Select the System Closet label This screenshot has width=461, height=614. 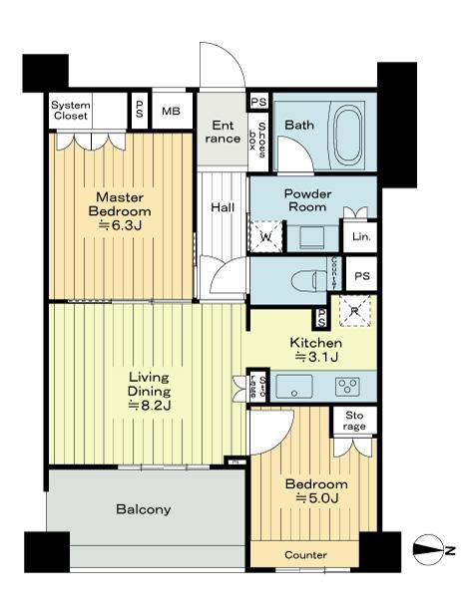[x=70, y=111]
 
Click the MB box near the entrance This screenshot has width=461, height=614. [x=171, y=111]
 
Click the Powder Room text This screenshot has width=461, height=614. [x=307, y=199]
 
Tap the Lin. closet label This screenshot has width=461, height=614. [x=359, y=237]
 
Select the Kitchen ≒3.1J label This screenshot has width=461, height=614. [x=315, y=351]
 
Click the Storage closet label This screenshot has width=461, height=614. [x=354, y=422]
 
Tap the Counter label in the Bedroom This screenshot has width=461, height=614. [x=305, y=555]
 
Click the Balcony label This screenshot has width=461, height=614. [x=144, y=509]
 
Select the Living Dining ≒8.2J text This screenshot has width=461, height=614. [x=148, y=392]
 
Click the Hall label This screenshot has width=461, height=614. [x=222, y=208]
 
